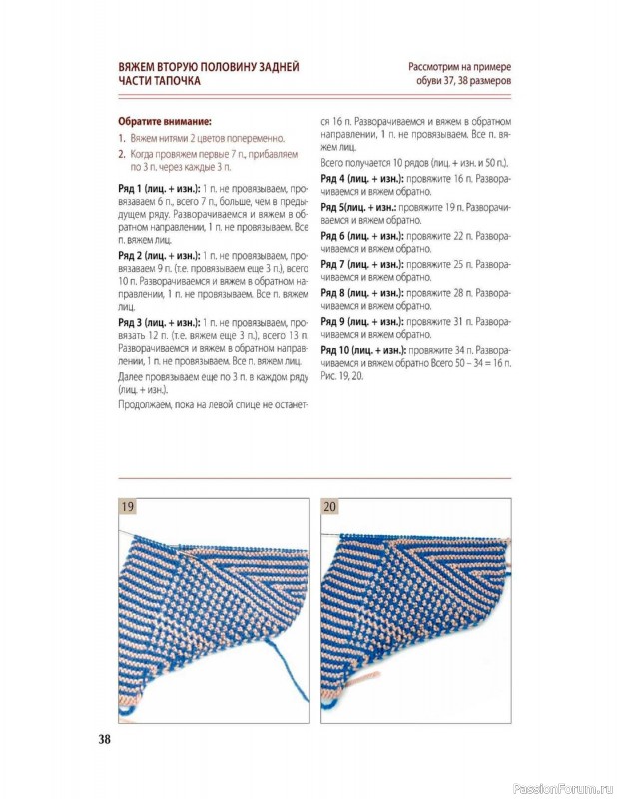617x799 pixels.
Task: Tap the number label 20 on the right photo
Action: pyautogui.click(x=330, y=507)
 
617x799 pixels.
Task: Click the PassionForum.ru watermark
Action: pyautogui.click(x=561, y=789)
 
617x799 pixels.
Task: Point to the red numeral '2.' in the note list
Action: pyautogui.click(x=121, y=155)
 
